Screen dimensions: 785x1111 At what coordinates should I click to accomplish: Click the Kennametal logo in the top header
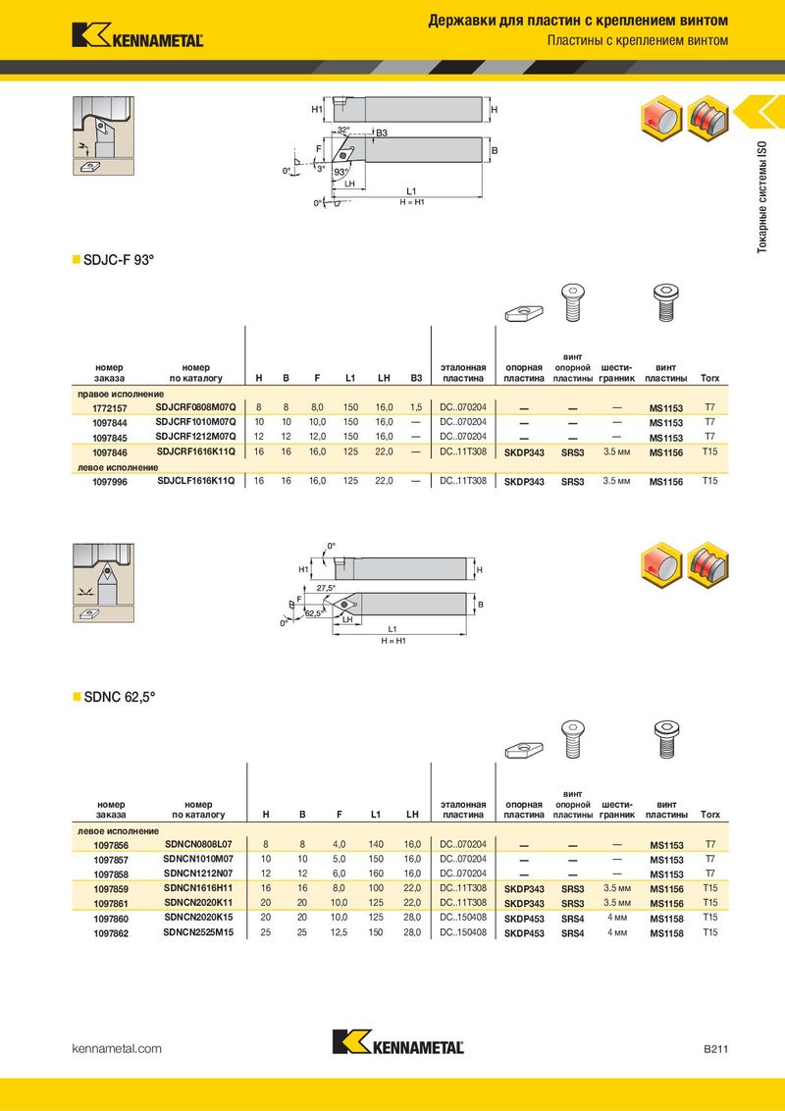tap(137, 35)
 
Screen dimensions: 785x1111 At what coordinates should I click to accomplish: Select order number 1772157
tap(110, 408)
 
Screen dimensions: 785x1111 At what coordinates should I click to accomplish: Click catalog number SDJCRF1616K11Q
tap(195, 451)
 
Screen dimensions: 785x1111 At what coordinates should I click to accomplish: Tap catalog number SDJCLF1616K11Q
tap(195, 481)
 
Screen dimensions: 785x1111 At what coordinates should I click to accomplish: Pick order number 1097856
tap(111, 845)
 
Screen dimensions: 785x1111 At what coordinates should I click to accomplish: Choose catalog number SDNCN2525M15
tap(198, 932)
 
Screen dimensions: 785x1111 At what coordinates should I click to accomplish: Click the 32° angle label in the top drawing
tap(343, 130)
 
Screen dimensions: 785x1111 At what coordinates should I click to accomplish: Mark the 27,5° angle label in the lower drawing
tap(326, 588)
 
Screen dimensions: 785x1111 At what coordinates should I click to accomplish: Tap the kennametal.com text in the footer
tap(117, 1048)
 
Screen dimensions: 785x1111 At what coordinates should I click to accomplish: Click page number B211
tap(715, 1048)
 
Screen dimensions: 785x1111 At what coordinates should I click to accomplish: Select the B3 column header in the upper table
tap(416, 379)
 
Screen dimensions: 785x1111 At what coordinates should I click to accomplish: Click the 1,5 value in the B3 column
tap(416, 407)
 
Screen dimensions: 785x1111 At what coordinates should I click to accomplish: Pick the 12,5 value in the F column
tap(339, 932)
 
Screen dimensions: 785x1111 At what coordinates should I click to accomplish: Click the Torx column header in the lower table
tap(709, 815)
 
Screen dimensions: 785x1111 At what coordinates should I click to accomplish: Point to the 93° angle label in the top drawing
tap(341, 172)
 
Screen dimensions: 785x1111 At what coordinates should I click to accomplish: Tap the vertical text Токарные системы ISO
tap(762, 197)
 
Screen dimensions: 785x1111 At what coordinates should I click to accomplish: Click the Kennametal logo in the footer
tap(398, 1041)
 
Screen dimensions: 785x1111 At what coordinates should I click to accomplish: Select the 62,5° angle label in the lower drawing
tap(314, 613)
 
